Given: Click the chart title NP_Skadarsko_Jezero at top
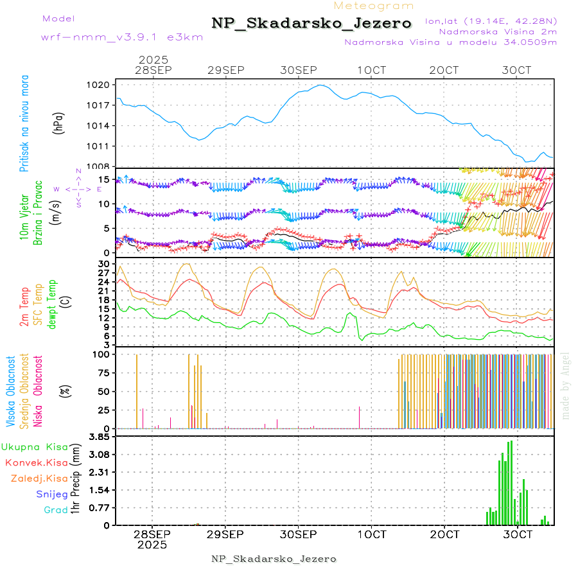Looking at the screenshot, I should (x=311, y=23).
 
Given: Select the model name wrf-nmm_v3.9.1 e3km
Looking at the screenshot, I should (x=122, y=37).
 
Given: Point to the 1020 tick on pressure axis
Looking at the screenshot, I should (x=103, y=85).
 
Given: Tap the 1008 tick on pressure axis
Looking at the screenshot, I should (x=103, y=166).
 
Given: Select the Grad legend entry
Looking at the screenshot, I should (x=56, y=511).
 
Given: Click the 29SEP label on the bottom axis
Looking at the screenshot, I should (x=225, y=534).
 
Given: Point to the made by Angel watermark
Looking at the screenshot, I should (x=566, y=385).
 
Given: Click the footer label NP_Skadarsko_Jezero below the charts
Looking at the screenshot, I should (x=274, y=559).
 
